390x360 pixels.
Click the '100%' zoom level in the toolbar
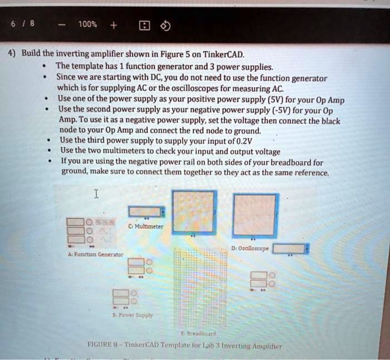[x=87, y=25]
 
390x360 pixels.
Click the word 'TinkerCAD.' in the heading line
[x=224, y=55]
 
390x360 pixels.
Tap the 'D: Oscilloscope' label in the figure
[x=249, y=249]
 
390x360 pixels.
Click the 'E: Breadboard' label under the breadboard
[x=193, y=334]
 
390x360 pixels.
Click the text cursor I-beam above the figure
[x=96, y=194]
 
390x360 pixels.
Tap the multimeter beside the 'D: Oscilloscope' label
[x=289, y=249]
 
